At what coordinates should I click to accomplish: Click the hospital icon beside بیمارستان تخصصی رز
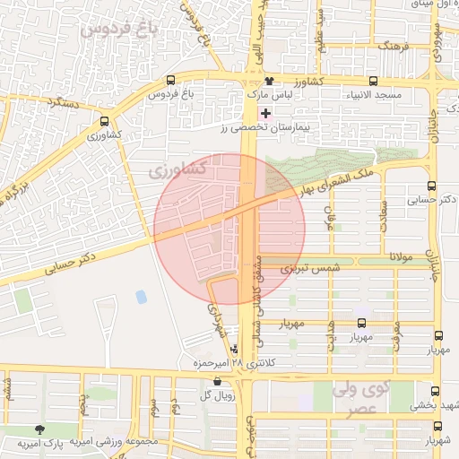coord(264,113)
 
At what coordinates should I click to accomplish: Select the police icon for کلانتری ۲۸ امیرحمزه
coord(235,349)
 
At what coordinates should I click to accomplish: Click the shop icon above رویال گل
coord(217,381)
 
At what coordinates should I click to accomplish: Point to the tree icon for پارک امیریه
coord(39,431)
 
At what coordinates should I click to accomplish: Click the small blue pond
coord(140,296)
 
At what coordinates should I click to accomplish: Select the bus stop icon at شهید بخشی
coord(436,392)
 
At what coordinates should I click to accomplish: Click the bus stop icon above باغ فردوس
coord(170,81)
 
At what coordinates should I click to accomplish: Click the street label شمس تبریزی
coord(299,268)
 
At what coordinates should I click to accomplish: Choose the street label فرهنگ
coord(394,44)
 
